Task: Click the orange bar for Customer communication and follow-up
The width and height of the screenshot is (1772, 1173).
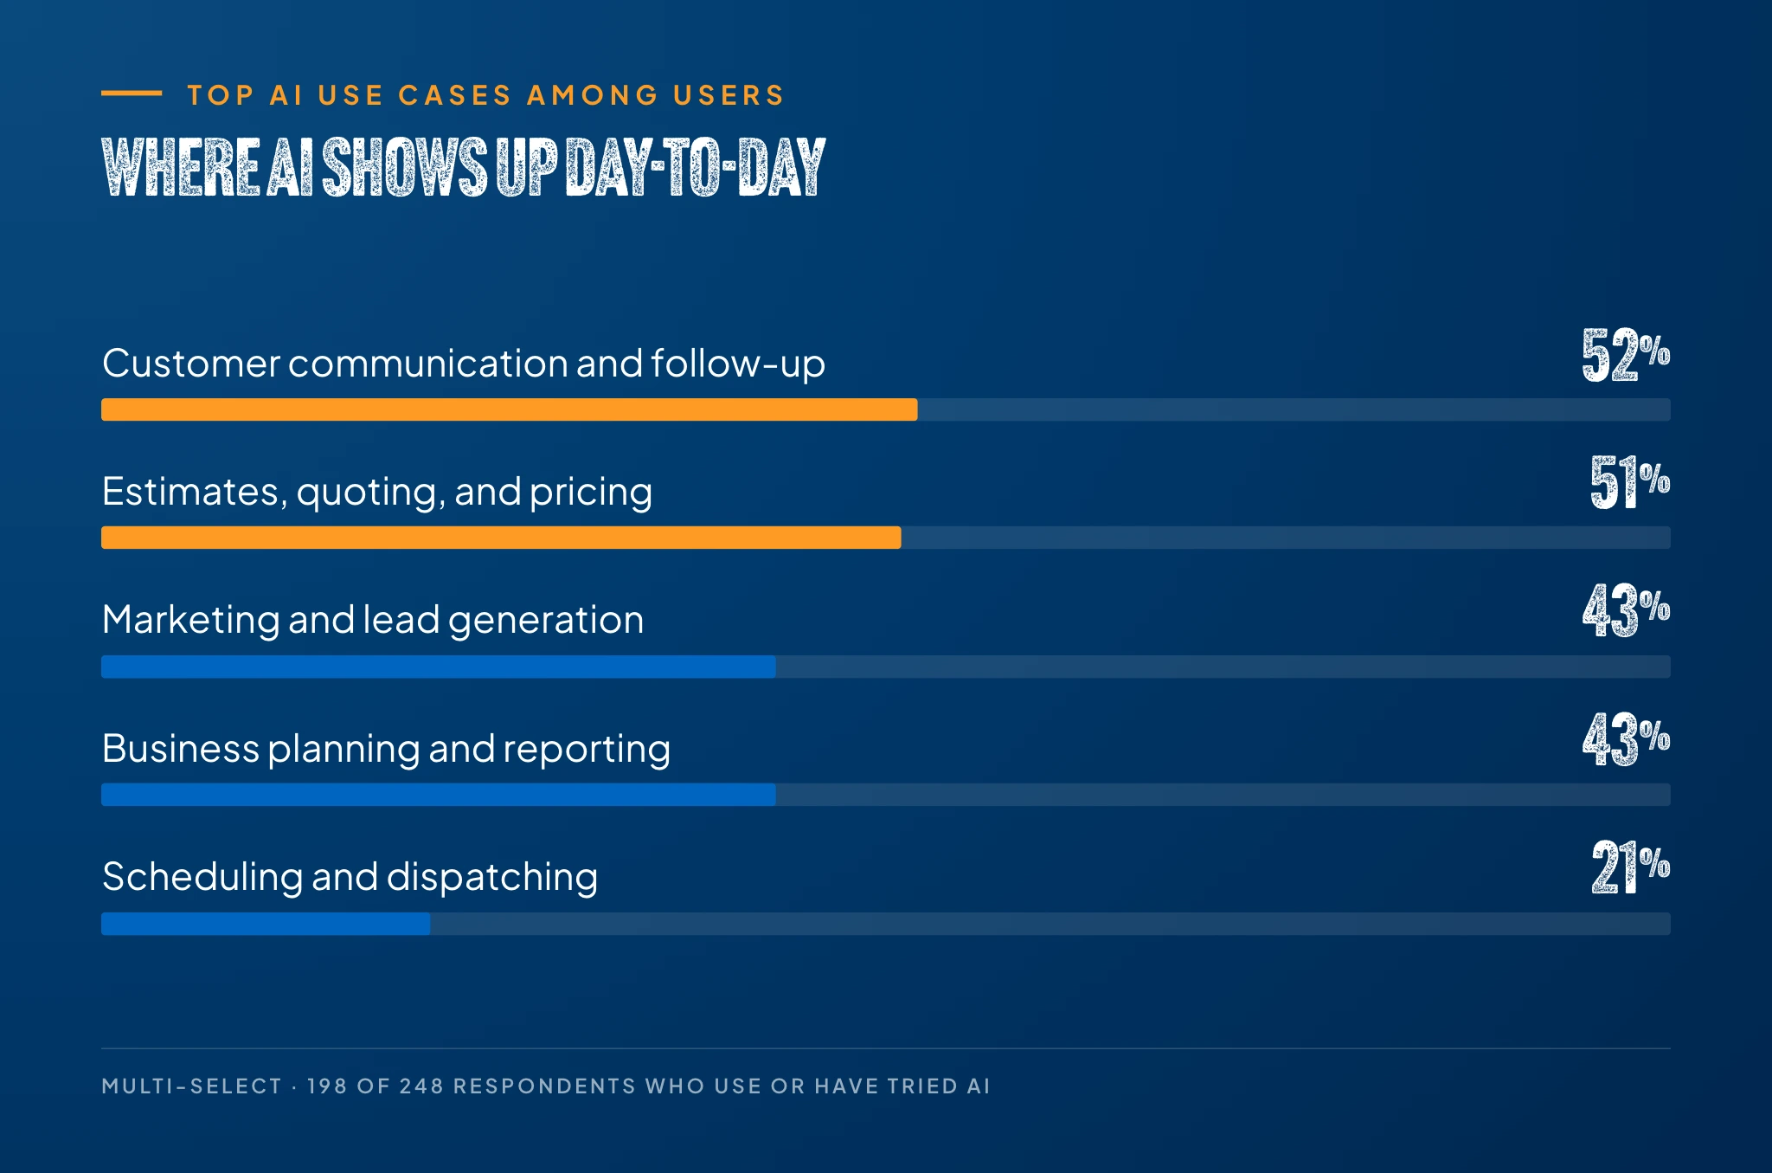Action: coord(510,409)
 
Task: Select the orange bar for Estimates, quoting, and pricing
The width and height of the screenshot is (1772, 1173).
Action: coord(501,538)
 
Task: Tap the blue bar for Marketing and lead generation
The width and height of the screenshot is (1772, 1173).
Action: coord(439,667)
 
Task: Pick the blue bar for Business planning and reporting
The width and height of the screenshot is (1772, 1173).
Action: coord(439,795)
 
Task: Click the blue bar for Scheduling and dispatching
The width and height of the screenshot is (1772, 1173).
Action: coord(266,924)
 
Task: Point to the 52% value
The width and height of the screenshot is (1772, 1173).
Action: coord(1626,355)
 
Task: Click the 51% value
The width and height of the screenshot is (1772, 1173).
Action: coord(1630,482)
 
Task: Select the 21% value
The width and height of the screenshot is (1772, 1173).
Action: coord(1631,867)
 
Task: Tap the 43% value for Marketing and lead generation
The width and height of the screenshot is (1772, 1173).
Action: coord(1626,610)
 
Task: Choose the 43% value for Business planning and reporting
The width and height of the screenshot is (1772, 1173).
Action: coord(1626,739)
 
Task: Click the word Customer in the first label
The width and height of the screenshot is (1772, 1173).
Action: coord(191,364)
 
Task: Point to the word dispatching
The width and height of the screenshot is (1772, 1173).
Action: coord(491,878)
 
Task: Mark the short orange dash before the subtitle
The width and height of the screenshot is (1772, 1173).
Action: coord(132,93)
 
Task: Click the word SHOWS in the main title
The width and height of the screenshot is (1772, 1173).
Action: coord(405,167)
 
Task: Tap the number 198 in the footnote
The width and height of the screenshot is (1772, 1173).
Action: coord(326,1086)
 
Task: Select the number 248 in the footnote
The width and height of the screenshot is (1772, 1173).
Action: coord(421,1086)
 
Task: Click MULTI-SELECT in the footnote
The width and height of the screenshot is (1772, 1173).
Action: coord(191,1086)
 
